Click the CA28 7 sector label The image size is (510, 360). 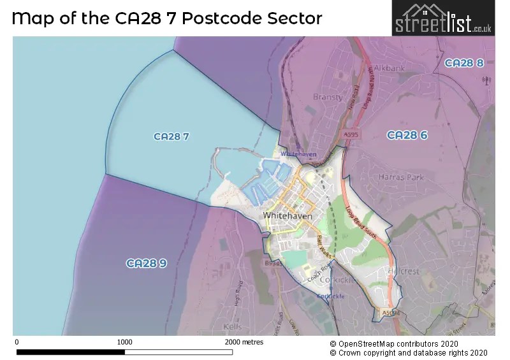(171, 136)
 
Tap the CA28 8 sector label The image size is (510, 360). (464, 63)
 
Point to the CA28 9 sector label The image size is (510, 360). (146, 263)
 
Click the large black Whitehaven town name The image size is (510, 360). (288, 216)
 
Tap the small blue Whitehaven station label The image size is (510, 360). (298, 155)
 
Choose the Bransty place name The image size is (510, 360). (328, 97)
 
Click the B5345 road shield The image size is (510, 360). (273, 263)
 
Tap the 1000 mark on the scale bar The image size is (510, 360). (125, 342)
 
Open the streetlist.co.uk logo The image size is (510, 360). (442, 18)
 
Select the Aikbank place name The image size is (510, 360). (390, 68)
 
